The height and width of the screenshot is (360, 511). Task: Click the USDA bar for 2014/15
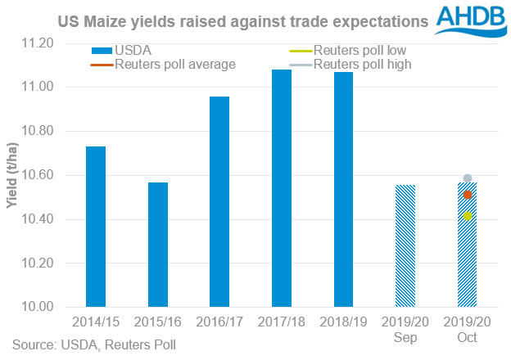click(x=96, y=227)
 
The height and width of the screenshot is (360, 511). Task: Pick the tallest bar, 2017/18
click(x=282, y=188)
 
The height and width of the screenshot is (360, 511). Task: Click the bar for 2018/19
click(x=343, y=190)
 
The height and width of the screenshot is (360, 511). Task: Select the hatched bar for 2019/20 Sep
click(x=405, y=245)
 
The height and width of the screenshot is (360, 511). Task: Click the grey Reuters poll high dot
click(x=467, y=178)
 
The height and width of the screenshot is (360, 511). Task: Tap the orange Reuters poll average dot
click(x=467, y=195)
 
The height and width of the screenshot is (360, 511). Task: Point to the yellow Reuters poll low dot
click(x=467, y=216)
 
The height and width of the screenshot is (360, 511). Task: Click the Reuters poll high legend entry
click(x=359, y=64)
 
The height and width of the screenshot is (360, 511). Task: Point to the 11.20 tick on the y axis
click(x=37, y=43)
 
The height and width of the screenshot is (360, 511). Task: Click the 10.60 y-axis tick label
click(x=37, y=175)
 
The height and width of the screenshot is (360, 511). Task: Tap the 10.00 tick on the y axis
click(x=37, y=307)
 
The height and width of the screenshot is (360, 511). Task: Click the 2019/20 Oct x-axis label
click(x=467, y=329)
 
